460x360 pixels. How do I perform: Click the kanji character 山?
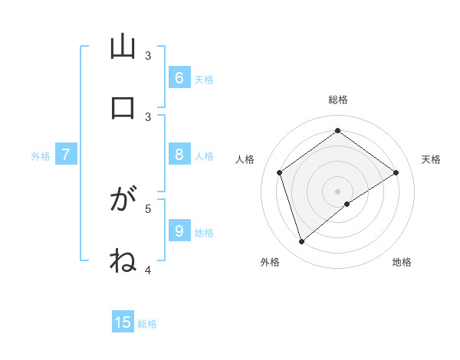(123, 47)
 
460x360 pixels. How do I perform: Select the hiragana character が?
(123, 201)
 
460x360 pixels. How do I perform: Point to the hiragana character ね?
(123, 260)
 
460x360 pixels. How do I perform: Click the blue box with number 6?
(179, 77)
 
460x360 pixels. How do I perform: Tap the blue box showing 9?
(179, 231)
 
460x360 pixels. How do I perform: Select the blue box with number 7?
(66, 155)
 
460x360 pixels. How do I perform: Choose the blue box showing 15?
(123, 322)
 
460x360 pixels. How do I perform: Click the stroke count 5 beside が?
(148, 208)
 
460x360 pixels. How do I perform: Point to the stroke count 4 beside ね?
(148, 270)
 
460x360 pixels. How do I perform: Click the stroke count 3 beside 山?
(148, 56)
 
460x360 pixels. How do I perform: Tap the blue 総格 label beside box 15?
(147, 324)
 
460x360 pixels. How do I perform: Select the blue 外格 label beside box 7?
(41, 156)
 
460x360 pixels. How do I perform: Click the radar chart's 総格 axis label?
(338, 100)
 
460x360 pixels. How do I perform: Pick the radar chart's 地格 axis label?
(402, 262)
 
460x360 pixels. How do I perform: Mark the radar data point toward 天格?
(396, 172)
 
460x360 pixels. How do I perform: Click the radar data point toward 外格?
(302, 242)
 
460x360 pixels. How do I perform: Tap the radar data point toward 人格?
(280, 172)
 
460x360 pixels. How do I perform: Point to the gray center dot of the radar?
(338, 191)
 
